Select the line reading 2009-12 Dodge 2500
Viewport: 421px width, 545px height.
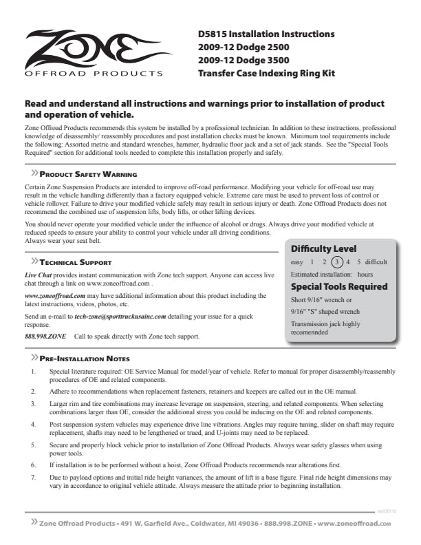[x=243, y=47]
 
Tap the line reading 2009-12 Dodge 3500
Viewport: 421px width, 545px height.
[x=243, y=60]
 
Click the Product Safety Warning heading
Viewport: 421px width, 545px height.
[x=87, y=175]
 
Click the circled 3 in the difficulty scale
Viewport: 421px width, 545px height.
[x=336, y=261]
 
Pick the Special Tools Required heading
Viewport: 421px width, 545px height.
[x=339, y=286]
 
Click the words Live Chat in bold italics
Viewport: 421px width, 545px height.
[x=38, y=275]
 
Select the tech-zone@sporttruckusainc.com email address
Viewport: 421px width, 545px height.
[x=120, y=316]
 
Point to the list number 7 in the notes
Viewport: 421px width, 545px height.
[x=34, y=477]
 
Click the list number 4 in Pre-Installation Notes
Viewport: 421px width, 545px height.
[x=34, y=426]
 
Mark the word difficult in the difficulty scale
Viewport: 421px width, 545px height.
[x=376, y=261]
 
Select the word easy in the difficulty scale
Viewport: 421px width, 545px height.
[x=297, y=261]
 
